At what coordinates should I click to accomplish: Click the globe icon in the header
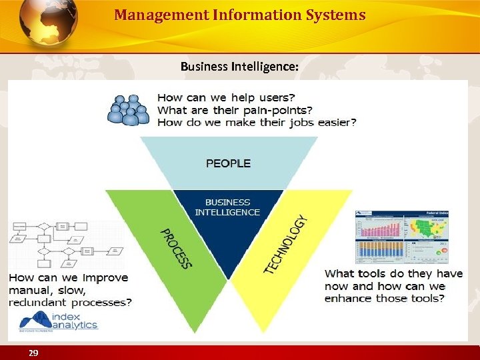[48, 23]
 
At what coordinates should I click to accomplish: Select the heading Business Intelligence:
[239, 67]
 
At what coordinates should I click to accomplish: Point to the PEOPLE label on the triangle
[228, 163]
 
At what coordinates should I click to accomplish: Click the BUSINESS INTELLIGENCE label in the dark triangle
[227, 207]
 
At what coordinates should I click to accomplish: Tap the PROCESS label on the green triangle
[176, 248]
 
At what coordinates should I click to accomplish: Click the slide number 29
[33, 353]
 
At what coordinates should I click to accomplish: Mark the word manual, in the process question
[30, 290]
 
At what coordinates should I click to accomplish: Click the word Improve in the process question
[104, 277]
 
